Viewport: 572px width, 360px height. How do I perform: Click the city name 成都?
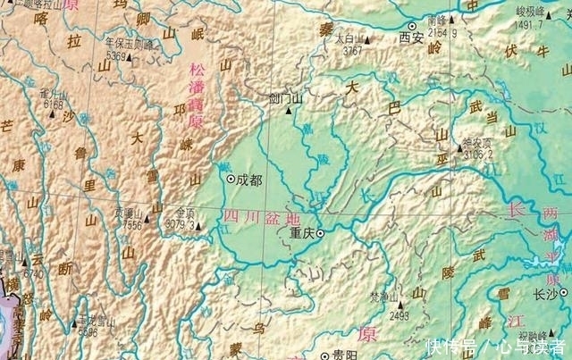tap(250, 180)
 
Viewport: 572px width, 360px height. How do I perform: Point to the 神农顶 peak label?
tap(477, 142)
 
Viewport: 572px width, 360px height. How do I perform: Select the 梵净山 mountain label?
tap(384, 297)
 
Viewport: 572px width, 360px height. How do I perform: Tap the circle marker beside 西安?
tap(412, 26)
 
